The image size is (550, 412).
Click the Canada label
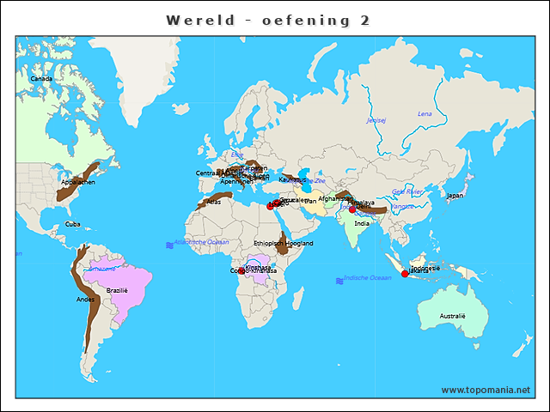[x=41, y=79]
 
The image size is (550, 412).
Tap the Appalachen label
[x=78, y=182]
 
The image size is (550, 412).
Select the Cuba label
[x=73, y=224]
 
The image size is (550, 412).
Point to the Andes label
[x=86, y=300]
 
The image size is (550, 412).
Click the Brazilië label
[x=117, y=290]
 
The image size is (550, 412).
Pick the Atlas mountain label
[x=214, y=202]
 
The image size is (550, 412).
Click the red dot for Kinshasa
[x=241, y=270]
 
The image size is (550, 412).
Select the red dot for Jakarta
[x=405, y=274]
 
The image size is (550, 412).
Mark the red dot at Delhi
[x=352, y=209]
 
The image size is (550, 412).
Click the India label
[x=363, y=223]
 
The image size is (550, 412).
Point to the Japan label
[x=455, y=195]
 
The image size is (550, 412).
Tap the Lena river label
[x=425, y=113]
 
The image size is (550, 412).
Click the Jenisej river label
[x=376, y=120]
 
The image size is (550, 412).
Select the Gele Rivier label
[x=408, y=191]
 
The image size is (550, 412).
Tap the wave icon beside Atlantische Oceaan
[x=168, y=245]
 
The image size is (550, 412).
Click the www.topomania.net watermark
[x=486, y=390]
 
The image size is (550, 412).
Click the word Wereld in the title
[x=200, y=20]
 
